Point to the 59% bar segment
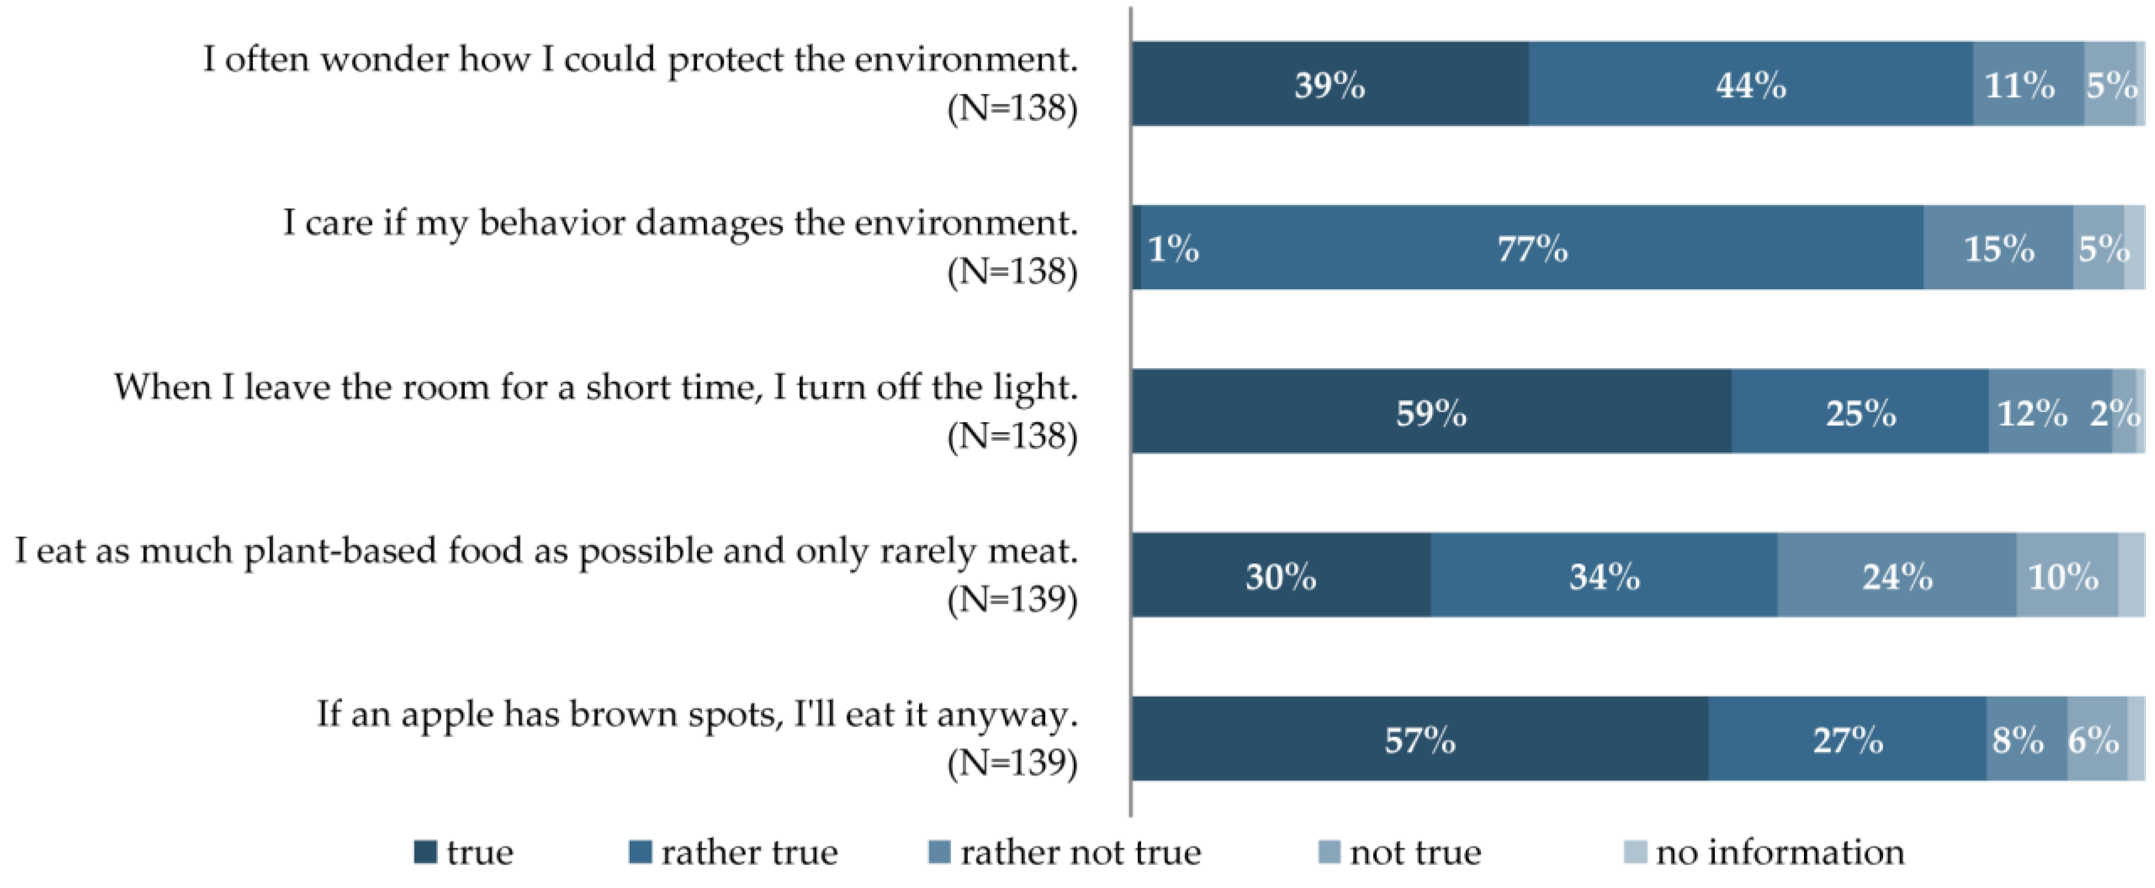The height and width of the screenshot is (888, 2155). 1430,412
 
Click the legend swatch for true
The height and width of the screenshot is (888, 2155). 426,852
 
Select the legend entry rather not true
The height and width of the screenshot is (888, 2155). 1079,852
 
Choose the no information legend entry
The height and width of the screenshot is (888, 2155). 1779,852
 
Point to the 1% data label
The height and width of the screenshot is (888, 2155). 1173,248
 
